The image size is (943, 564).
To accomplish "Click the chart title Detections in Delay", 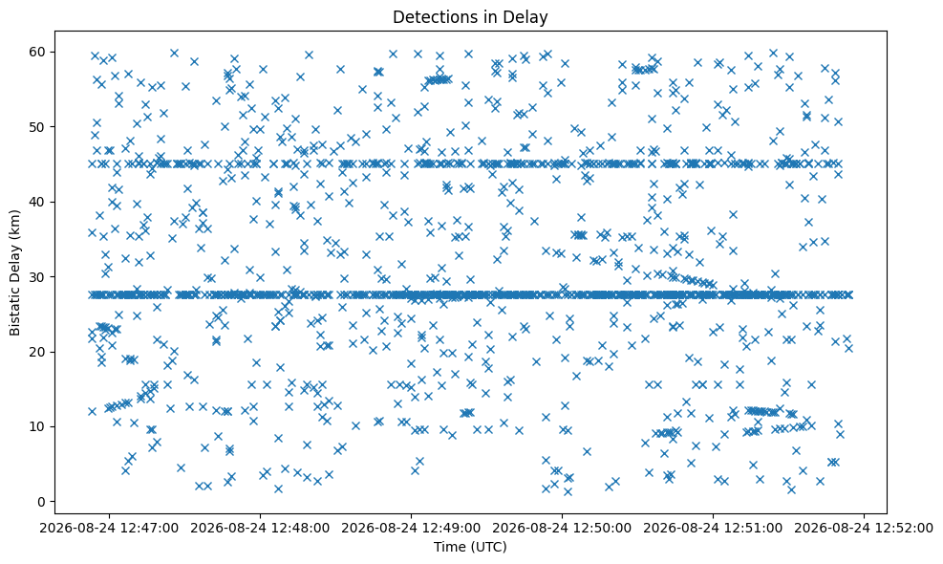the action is (470, 17).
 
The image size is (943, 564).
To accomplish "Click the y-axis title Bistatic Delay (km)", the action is (14, 272).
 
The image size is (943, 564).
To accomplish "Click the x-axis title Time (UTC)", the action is (470, 547).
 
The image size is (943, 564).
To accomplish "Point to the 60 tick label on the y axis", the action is (38, 52).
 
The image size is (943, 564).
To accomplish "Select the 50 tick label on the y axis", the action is (38, 127).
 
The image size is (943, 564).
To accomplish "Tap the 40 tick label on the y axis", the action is (38, 202).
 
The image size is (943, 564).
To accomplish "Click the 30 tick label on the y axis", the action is (38, 277).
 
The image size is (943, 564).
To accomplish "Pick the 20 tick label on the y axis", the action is (38, 352).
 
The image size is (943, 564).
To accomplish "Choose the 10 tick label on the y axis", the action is (38, 426).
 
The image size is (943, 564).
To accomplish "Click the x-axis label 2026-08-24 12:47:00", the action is (109, 528).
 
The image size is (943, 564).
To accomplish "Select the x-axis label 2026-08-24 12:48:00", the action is (260, 528).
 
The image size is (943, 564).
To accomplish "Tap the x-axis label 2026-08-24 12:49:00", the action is (411, 528).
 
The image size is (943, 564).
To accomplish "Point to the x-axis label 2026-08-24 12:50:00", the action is (562, 528).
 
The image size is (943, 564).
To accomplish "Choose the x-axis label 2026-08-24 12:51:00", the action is (713, 528).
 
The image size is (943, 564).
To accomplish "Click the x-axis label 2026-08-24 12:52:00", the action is (864, 528).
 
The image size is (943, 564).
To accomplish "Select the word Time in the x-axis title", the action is (448, 547).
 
